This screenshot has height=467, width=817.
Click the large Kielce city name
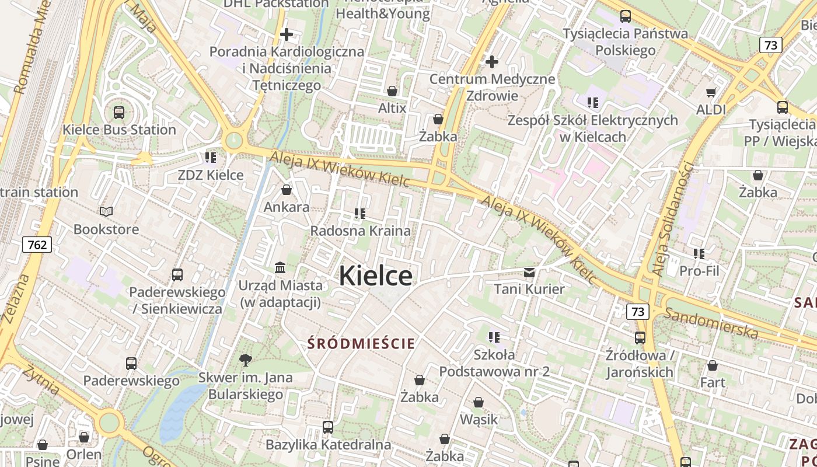pyautogui.click(x=376, y=276)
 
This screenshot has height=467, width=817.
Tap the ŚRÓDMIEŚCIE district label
pyautogui.click(x=361, y=343)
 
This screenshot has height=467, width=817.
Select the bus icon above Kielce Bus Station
pyautogui.click(x=119, y=113)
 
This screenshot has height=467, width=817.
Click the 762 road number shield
pyautogui.click(x=37, y=245)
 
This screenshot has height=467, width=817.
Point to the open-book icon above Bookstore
pyautogui.click(x=106, y=211)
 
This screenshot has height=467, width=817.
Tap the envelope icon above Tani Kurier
pyautogui.click(x=529, y=272)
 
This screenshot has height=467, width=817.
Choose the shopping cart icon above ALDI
pyautogui.click(x=711, y=92)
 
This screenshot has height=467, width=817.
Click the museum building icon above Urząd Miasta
pyautogui.click(x=280, y=268)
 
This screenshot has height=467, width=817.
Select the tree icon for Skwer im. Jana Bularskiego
pyautogui.click(x=246, y=360)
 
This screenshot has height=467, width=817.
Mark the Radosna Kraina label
pyautogui.click(x=360, y=231)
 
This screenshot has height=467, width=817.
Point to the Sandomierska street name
pyautogui.click(x=711, y=323)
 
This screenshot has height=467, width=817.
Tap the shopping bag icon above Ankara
pyautogui.click(x=287, y=190)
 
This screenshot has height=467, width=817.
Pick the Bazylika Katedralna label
pyautogui.click(x=328, y=445)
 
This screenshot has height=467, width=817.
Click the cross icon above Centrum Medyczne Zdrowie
pyautogui.click(x=492, y=61)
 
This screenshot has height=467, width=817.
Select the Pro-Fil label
pyautogui.click(x=699, y=271)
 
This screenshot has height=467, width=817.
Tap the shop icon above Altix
pyautogui.click(x=392, y=91)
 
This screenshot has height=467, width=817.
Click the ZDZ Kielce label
pyautogui.click(x=211, y=175)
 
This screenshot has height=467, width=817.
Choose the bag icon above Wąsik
pyautogui.click(x=479, y=402)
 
